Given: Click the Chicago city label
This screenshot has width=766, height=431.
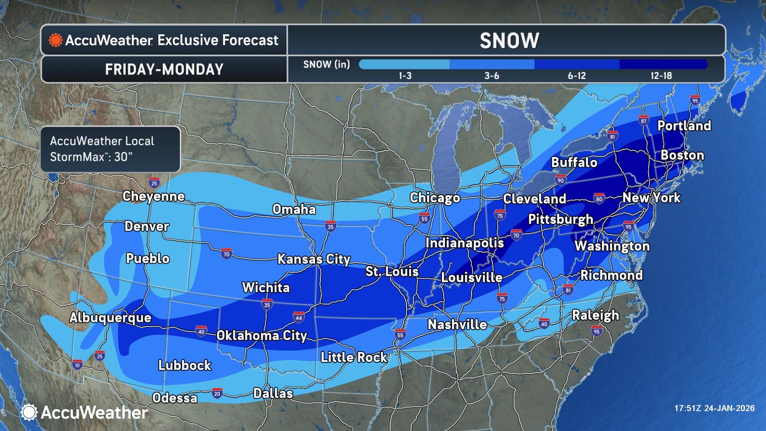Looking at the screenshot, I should click(x=435, y=198).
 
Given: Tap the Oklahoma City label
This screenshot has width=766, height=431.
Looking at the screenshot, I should click(x=261, y=336).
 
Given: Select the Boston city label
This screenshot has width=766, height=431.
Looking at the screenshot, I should click(x=682, y=155).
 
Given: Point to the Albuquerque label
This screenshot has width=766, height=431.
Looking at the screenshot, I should click(x=111, y=318).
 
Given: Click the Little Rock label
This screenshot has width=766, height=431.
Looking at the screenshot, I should click(x=354, y=357).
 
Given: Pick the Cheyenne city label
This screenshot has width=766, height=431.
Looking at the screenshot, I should click(x=154, y=196).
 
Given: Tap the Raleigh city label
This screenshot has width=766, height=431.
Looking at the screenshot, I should click(x=596, y=315).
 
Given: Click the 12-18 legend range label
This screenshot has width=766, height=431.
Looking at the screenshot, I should click(x=661, y=76).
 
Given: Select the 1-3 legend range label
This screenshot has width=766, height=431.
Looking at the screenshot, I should click(x=405, y=76).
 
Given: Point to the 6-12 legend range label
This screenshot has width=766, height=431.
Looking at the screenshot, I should click(x=576, y=76).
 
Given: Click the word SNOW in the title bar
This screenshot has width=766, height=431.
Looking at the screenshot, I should click(x=509, y=41).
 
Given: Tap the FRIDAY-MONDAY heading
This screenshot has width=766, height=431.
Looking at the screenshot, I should click(x=164, y=69).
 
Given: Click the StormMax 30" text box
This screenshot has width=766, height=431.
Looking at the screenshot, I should click(x=110, y=149).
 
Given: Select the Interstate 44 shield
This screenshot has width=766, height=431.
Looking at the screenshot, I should click(x=298, y=317).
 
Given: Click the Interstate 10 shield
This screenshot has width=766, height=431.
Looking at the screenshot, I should click(x=77, y=364).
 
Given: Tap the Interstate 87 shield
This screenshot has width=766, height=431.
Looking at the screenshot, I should click(x=643, y=121).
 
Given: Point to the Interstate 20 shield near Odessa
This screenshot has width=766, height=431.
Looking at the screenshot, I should click(x=217, y=393).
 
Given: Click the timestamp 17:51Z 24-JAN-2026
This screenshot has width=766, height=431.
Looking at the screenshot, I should click(x=714, y=408).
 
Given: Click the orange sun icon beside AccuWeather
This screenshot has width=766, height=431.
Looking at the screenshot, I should click(x=55, y=40).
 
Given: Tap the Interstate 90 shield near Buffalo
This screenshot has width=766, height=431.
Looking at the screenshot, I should click(x=561, y=180).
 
